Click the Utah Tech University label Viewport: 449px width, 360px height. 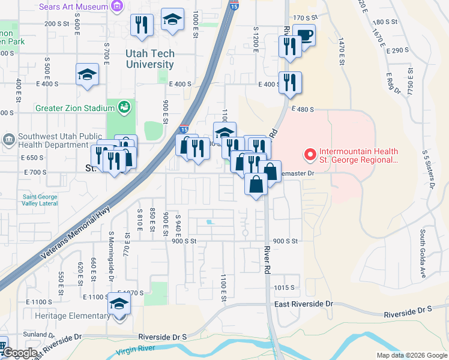[x=149, y=59]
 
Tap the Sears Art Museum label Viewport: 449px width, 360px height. [x=73, y=7]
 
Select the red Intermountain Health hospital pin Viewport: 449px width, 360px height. [x=310, y=155]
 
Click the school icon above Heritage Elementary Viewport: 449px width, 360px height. [x=119, y=304]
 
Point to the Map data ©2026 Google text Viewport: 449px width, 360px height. [x=411, y=355]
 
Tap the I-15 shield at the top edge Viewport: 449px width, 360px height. [x=234, y=5]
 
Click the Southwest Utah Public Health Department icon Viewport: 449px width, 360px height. [x=9, y=140]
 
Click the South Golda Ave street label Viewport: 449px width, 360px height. [x=423, y=245]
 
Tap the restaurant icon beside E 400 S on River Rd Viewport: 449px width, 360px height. [x=291, y=82]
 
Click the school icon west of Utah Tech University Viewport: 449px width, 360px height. [x=87, y=75]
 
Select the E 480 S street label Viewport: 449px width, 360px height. [x=303, y=109]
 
